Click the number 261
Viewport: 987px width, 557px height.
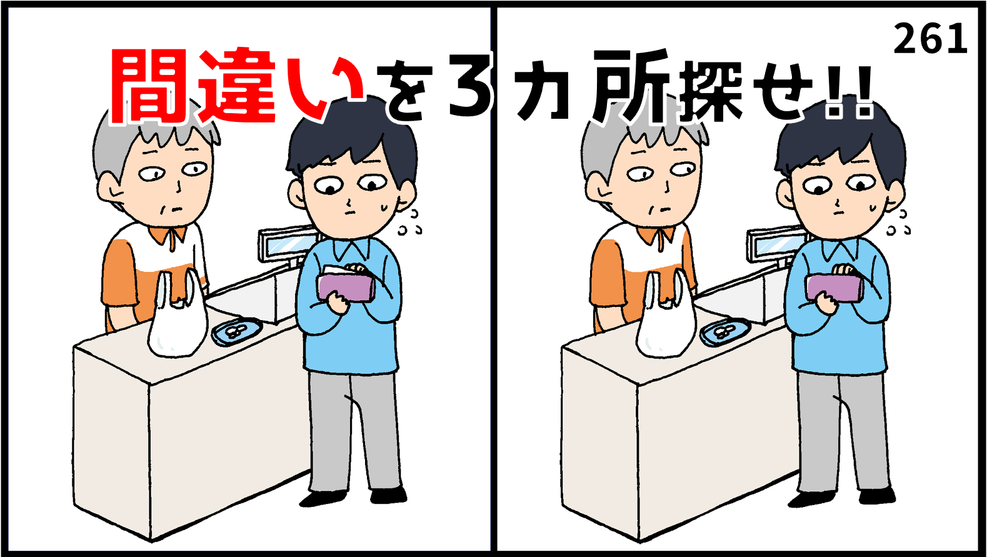(x=930, y=39)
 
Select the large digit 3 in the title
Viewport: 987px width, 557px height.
(x=470, y=88)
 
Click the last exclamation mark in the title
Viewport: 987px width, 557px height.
(x=865, y=99)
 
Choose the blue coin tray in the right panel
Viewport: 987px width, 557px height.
(x=724, y=331)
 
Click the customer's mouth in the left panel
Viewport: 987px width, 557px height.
(x=352, y=211)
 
